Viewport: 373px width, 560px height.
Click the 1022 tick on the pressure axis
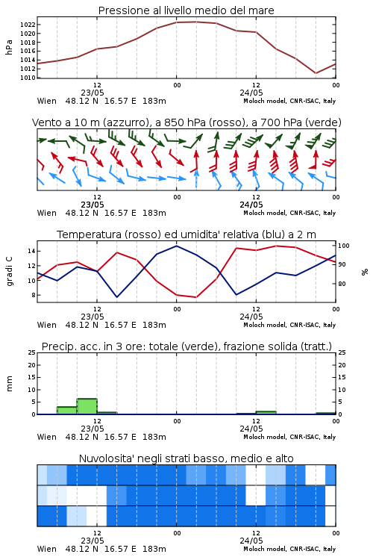28,25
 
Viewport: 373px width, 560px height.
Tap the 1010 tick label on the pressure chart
28,78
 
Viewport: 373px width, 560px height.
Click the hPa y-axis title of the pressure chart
9,47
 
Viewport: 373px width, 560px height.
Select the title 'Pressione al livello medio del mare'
186,10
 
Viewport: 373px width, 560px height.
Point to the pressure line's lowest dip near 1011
316,73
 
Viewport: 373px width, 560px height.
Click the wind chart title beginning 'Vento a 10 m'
186,122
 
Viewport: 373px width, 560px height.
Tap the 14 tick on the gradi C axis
31,251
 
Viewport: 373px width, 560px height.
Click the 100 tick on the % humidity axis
344,246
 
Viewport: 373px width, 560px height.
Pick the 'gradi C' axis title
9,271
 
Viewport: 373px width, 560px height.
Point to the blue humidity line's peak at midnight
176,246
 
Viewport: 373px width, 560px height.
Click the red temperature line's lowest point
196,297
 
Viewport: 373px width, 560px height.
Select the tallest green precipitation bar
87,406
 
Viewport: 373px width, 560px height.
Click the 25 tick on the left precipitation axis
31,352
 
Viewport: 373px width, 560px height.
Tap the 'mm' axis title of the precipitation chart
9,383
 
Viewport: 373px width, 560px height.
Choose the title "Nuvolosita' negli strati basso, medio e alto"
186,458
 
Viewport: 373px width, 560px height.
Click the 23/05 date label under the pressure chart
93,93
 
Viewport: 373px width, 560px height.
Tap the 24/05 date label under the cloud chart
251,541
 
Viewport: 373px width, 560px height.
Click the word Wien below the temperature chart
47,325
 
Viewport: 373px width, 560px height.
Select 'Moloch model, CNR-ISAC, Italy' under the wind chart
289,213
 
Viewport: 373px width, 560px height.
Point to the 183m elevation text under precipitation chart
154,437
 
